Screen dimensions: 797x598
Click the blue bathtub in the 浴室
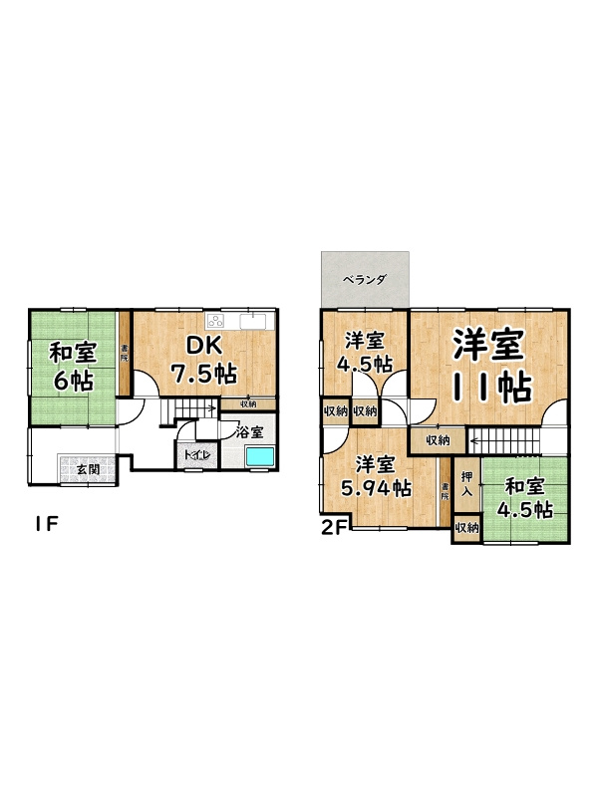click(x=261, y=455)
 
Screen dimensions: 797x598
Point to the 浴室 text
click(x=249, y=432)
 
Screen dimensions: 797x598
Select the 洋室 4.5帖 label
click(x=363, y=350)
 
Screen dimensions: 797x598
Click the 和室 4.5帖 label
click(x=526, y=498)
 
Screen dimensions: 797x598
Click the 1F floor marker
click(x=41, y=523)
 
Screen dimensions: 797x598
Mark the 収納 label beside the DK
click(x=248, y=403)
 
